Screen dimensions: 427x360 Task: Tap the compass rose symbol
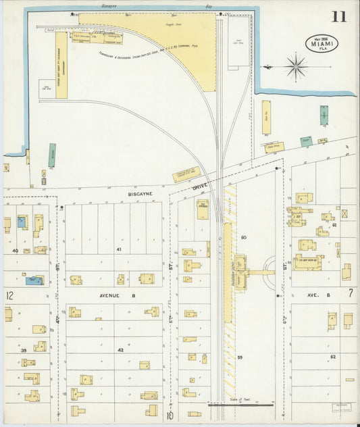296,67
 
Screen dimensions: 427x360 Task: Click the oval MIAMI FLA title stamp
322,44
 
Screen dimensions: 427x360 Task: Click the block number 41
120,250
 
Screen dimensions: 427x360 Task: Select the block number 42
120,350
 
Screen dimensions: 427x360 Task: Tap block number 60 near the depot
244,238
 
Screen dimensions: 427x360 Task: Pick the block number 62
332,355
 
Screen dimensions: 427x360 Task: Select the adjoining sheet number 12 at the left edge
9,295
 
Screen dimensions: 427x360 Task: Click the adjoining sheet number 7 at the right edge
351,293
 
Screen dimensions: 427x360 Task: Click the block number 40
15,251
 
